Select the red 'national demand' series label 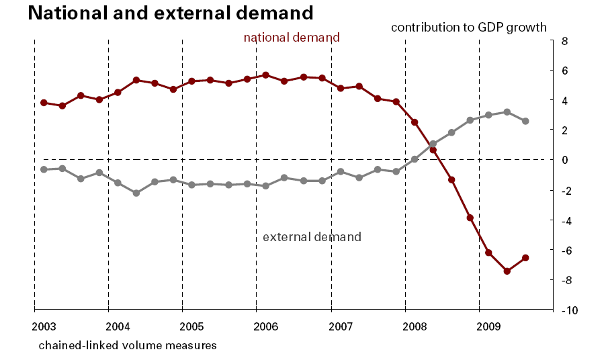[292, 38]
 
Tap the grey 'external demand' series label [312, 237]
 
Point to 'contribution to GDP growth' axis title [469, 28]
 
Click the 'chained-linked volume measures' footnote [128, 345]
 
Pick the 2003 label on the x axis [44, 327]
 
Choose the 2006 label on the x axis [266, 327]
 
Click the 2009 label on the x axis [488, 327]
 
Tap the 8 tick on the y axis [564, 41]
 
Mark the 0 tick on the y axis [564, 160]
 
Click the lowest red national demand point [507, 271]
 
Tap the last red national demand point [525, 258]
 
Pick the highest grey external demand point [507, 112]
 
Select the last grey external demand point [525, 122]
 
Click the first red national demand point [44, 103]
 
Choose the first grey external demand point [44, 169]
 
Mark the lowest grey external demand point [136, 193]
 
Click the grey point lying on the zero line [415, 160]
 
